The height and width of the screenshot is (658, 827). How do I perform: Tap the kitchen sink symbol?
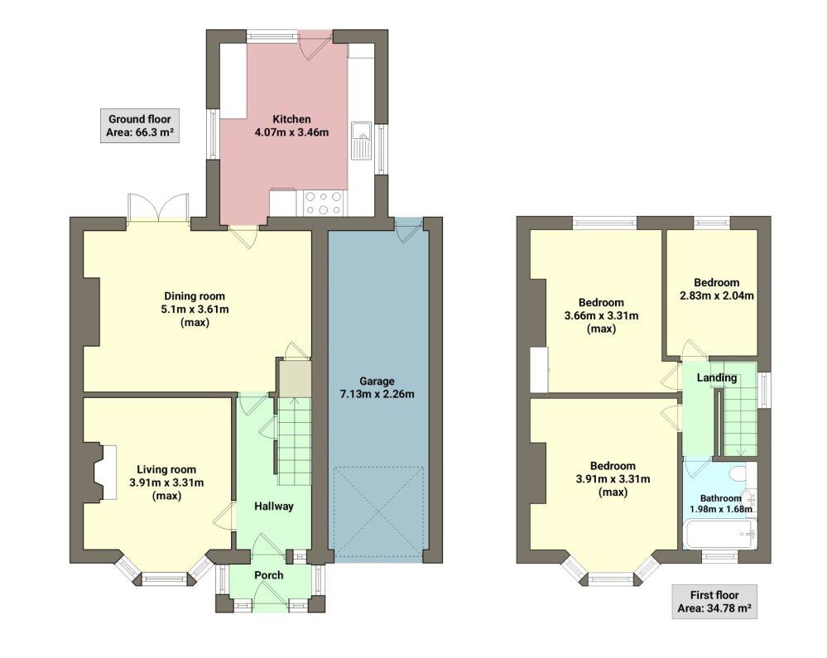[361, 140]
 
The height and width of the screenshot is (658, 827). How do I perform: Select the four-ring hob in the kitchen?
[324, 202]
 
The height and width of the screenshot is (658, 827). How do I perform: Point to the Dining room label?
[195, 296]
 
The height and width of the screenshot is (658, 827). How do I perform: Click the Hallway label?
[273, 507]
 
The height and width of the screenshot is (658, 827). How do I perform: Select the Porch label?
[268, 575]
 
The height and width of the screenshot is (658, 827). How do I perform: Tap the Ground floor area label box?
[140, 126]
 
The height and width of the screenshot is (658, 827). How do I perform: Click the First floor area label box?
[714, 602]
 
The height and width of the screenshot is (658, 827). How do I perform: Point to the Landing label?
[716, 378]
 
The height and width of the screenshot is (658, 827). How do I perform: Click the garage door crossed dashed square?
[377, 510]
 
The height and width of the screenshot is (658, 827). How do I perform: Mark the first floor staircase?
[740, 409]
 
